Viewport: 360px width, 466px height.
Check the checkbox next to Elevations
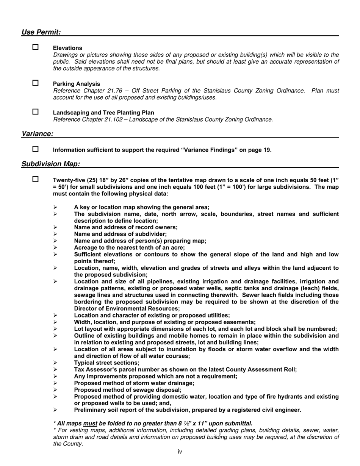pyautogui.click(x=36, y=47)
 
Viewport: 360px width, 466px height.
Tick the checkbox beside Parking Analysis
pyautogui.click(x=36, y=83)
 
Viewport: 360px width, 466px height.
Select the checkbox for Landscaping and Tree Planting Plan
pyautogui.click(x=36, y=112)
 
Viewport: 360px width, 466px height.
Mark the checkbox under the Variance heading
pyautogui.click(x=36, y=149)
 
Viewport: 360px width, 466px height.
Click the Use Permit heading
pyautogui.click(x=41, y=32)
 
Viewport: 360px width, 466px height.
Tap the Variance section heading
pyautogui.click(x=37, y=134)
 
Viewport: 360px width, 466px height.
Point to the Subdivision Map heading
pyautogui.click(x=51, y=164)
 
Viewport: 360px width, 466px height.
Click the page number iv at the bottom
pyautogui.click(x=180, y=452)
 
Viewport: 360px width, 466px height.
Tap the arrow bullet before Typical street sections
pyautogui.click(x=55, y=363)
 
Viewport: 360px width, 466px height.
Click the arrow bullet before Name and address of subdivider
pyautogui.click(x=55, y=234)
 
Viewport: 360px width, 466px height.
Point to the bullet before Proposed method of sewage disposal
pyautogui.click(x=55, y=390)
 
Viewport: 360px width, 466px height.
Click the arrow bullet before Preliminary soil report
pyautogui.click(x=55, y=410)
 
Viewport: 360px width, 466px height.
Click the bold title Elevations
pyautogui.click(x=67, y=48)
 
